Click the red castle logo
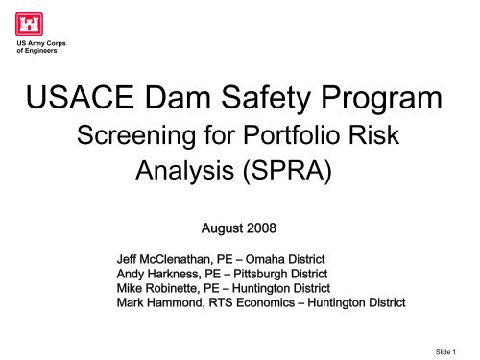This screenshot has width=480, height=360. tap(30, 23)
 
